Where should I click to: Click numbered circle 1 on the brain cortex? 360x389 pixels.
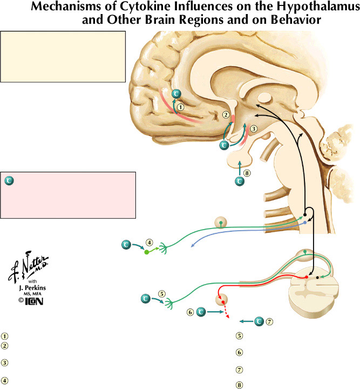181,107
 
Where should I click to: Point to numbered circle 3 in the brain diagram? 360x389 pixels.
254,129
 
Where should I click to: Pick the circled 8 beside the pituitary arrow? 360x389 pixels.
247,173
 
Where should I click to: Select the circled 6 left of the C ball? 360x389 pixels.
190,312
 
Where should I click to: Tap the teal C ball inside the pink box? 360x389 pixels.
9,180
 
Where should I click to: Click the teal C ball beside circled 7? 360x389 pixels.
259,321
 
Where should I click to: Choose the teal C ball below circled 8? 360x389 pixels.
240,182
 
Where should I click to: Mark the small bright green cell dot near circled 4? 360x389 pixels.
146,252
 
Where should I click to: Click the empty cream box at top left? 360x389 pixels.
63,56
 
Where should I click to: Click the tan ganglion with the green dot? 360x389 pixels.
220,222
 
